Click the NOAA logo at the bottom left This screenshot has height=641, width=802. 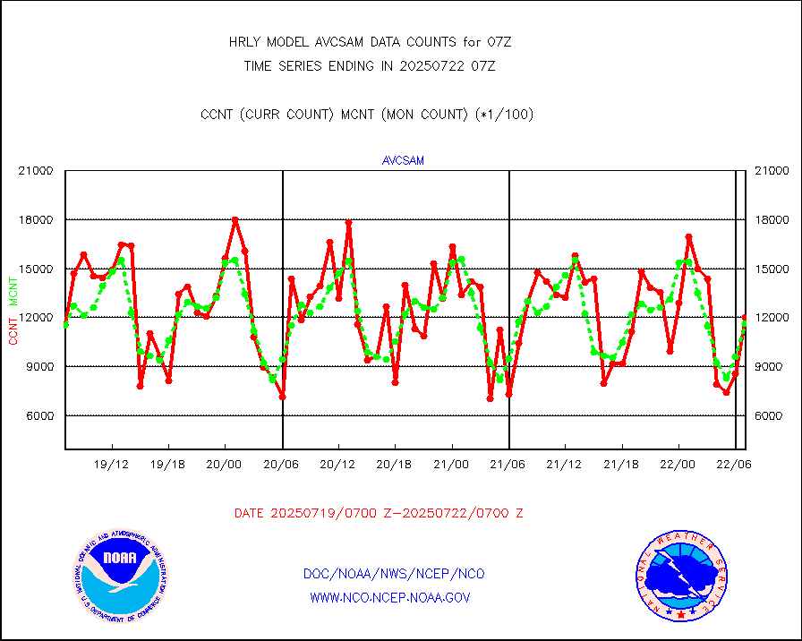click(120, 575)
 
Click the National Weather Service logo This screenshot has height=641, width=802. click(680, 575)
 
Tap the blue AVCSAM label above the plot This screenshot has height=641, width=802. click(403, 160)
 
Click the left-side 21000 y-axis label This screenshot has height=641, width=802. click(37, 171)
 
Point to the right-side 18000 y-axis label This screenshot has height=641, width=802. click(772, 220)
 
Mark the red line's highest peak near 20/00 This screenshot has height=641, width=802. click(235, 219)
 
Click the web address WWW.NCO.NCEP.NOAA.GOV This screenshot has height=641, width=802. click(389, 597)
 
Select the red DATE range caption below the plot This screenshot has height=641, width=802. click(379, 513)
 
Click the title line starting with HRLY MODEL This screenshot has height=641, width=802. click(370, 42)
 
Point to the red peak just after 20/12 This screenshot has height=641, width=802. click(348, 222)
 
